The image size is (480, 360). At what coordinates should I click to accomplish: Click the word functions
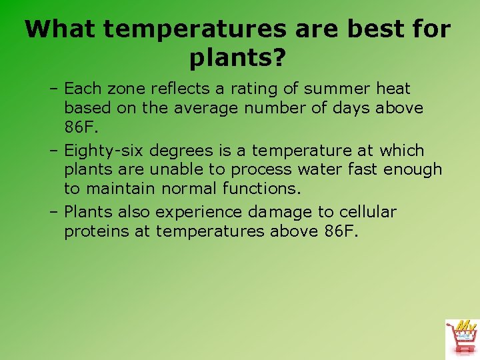[260, 188]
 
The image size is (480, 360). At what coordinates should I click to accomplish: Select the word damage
[280, 213]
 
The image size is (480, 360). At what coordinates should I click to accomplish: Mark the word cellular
[367, 213]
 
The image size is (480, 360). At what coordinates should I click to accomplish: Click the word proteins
[107, 231]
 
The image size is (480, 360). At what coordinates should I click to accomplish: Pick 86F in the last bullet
[342, 231]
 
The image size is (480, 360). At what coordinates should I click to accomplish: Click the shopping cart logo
[461, 338]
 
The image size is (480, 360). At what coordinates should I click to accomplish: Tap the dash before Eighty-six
[53, 151]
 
